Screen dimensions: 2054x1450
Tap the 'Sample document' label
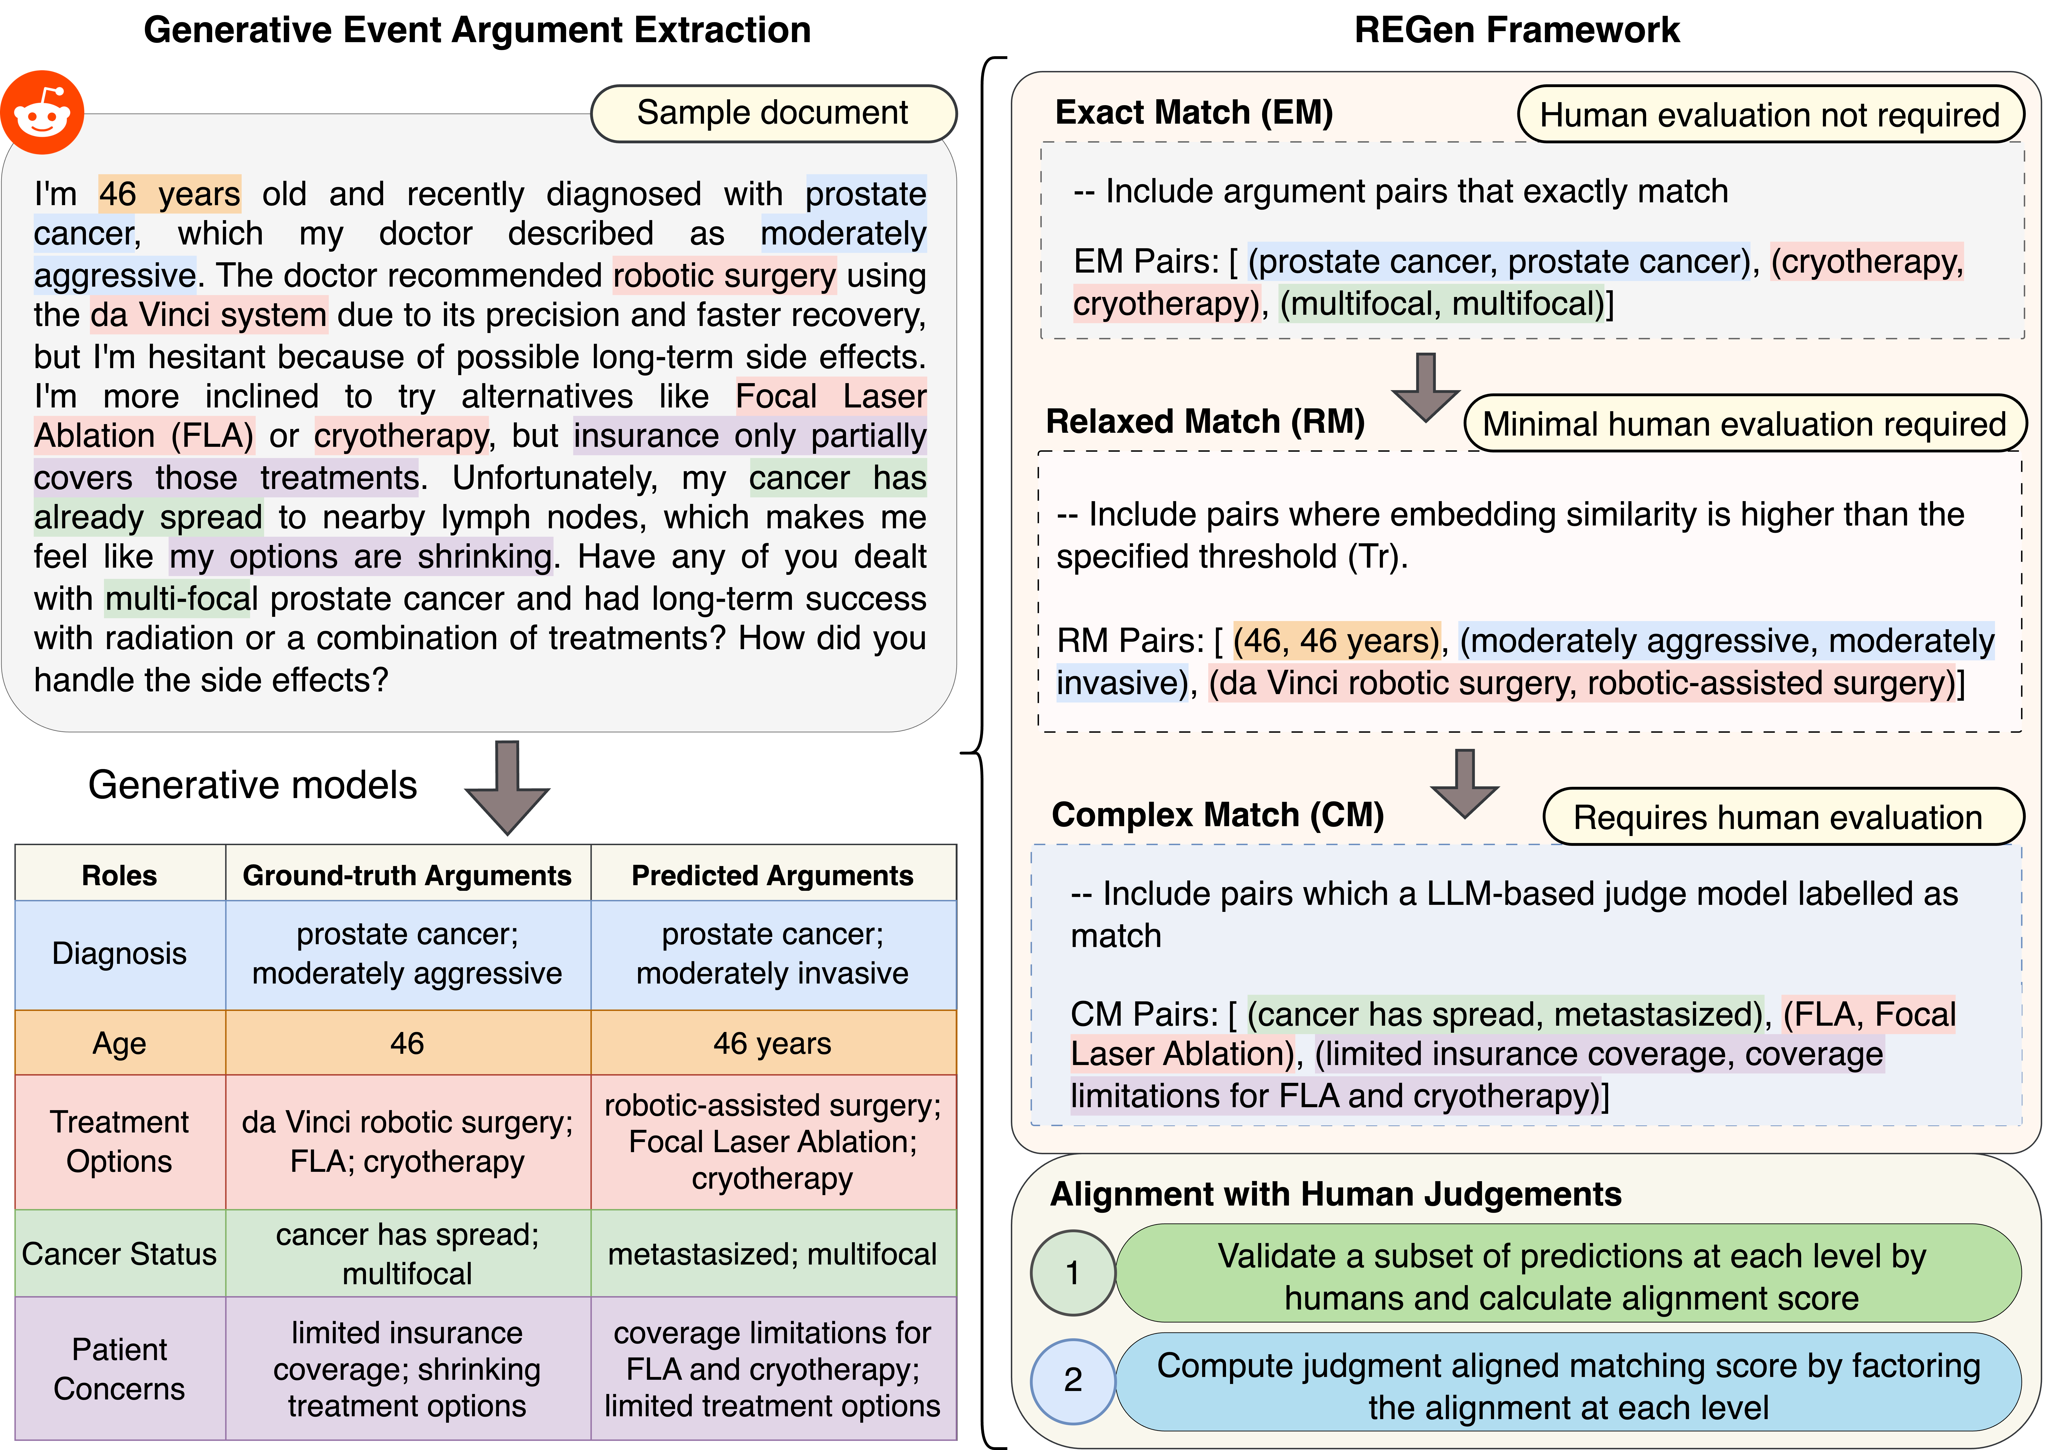[x=773, y=114]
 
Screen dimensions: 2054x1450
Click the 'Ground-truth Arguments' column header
[x=407, y=875]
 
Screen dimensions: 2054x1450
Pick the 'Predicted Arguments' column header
[x=773, y=875]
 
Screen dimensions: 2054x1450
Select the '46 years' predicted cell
[x=773, y=1043]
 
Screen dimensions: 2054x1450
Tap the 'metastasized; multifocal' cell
[x=773, y=1254]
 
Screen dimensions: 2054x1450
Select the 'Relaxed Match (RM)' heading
[x=1205, y=421]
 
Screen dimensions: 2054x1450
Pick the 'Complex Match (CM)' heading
[x=1218, y=815]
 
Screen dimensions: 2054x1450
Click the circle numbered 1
[x=1073, y=1273]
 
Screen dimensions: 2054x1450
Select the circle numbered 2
[x=1073, y=1380]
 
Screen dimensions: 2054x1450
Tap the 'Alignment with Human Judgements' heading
[x=1336, y=1194]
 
